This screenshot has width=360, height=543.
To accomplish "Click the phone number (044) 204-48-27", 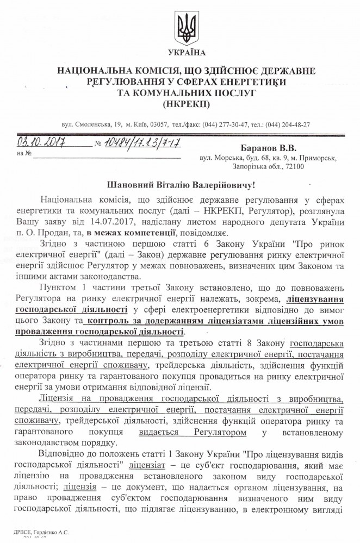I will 283,124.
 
